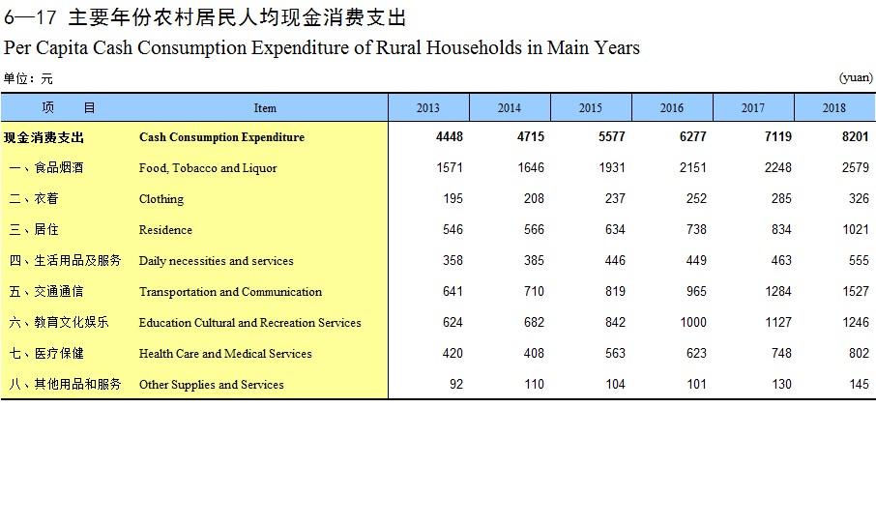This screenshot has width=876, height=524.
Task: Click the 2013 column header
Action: tap(428, 108)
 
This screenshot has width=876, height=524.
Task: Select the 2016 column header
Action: tap(672, 108)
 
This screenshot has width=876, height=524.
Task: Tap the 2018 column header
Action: tap(834, 108)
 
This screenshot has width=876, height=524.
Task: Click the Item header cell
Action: tap(265, 108)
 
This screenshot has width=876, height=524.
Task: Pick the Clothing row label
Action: tap(161, 199)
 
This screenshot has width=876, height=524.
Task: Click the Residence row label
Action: tap(165, 229)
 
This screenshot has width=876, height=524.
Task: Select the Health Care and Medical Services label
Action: tap(225, 354)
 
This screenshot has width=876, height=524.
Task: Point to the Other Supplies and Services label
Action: tap(211, 385)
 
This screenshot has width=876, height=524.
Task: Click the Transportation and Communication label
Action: tap(230, 292)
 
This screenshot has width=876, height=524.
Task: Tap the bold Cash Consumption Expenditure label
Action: tap(221, 137)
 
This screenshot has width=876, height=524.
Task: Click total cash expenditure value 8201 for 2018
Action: tap(856, 137)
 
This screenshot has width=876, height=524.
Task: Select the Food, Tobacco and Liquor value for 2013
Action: tap(450, 167)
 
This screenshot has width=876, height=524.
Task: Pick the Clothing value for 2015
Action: tap(615, 198)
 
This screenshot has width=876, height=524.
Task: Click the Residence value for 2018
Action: tap(856, 229)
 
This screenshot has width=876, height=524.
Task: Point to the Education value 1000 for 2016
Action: tap(692, 322)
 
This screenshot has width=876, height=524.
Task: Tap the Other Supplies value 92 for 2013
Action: tap(456, 385)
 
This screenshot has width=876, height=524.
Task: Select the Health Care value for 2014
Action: tap(534, 354)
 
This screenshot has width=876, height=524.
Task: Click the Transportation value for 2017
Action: tap(778, 292)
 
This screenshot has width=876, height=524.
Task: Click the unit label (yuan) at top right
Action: tap(856, 77)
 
